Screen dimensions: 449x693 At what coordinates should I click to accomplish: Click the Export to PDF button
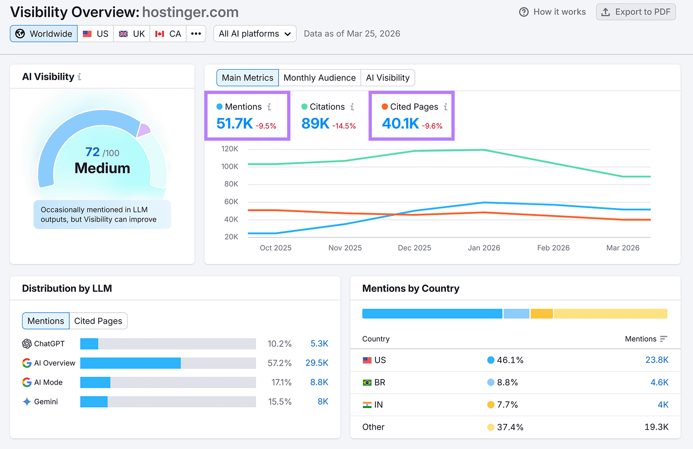[635, 12]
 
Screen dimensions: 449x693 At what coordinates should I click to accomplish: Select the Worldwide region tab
[44, 34]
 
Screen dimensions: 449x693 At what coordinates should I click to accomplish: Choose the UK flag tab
[132, 34]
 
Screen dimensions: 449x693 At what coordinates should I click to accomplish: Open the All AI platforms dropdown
[255, 34]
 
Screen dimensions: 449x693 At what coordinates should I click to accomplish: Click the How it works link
[552, 12]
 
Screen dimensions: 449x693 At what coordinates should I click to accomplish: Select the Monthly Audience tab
[319, 78]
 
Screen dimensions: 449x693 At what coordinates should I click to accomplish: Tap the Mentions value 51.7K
[234, 124]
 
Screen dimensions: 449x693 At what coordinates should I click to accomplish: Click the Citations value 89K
[315, 124]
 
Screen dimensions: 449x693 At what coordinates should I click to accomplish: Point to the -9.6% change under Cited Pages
[432, 126]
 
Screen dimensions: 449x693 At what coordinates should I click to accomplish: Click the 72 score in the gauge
[93, 152]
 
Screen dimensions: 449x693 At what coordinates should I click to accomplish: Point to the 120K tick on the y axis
[230, 149]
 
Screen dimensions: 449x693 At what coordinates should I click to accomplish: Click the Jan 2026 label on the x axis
[484, 248]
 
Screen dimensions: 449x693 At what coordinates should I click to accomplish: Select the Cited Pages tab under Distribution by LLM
[98, 321]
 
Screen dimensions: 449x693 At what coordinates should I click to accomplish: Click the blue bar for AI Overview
[130, 363]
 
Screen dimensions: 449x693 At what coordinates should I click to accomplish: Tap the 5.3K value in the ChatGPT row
[319, 344]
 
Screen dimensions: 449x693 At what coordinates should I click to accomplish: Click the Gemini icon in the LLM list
[27, 402]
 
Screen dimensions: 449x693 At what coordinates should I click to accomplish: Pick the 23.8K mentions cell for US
[657, 360]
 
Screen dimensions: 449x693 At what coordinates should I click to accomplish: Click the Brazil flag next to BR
[367, 383]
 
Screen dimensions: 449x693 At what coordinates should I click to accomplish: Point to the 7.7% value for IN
[507, 405]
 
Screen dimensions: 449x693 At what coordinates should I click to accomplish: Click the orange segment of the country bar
[541, 313]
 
